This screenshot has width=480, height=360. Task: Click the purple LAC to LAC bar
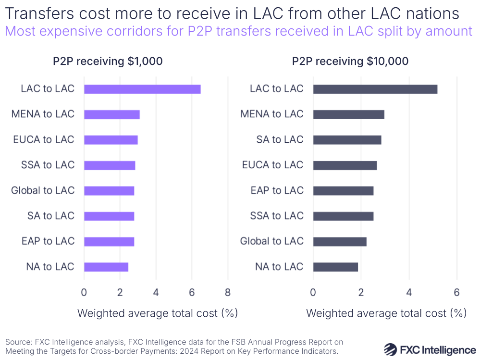click(x=142, y=89)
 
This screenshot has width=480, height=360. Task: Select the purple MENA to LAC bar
click(x=112, y=114)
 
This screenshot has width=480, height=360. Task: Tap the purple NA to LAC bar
click(x=106, y=267)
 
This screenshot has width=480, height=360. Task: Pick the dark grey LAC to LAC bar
click(x=375, y=89)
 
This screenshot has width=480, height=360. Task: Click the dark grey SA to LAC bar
click(x=347, y=140)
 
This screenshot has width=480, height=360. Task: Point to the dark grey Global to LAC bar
click(x=340, y=241)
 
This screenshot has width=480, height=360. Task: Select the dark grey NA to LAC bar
click(x=335, y=267)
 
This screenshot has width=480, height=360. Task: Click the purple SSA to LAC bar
click(x=110, y=165)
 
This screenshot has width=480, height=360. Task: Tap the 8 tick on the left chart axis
click(x=228, y=292)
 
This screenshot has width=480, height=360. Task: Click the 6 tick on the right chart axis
click(x=456, y=292)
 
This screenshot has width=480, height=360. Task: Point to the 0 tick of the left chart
click(x=84, y=292)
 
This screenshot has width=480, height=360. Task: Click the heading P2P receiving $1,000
click(x=108, y=62)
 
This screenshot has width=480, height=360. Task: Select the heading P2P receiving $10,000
click(x=350, y=62)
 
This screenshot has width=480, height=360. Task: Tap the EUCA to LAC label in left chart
click(x=44, y=140)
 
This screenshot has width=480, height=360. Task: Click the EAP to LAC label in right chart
click(x=277, y=191)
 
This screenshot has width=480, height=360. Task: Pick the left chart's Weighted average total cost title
click(x=158, y=313)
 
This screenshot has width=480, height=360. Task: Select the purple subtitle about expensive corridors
click(x=238, y=32)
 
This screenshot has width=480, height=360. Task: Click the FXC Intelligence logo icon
click(x=394, y=349)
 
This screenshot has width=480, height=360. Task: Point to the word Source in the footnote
click(x=18, y=342)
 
